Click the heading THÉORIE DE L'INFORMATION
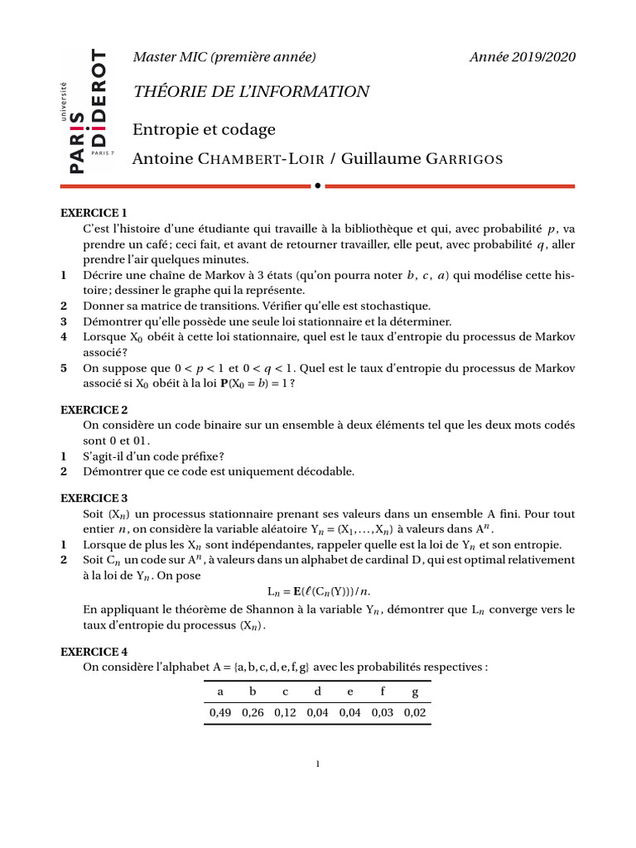point(251,92)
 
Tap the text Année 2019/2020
point(522,57)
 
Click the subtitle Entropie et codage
point(204,130)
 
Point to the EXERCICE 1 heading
point(94,213)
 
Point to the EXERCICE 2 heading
point(94,410)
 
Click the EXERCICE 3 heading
point(94,499)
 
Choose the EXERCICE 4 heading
point(94,653)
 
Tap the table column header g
point(415,691)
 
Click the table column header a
point(219,691)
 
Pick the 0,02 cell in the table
point(415,712)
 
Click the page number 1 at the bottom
point(317,764)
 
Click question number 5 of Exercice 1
point(64,369)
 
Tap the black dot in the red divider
point(317,186)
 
